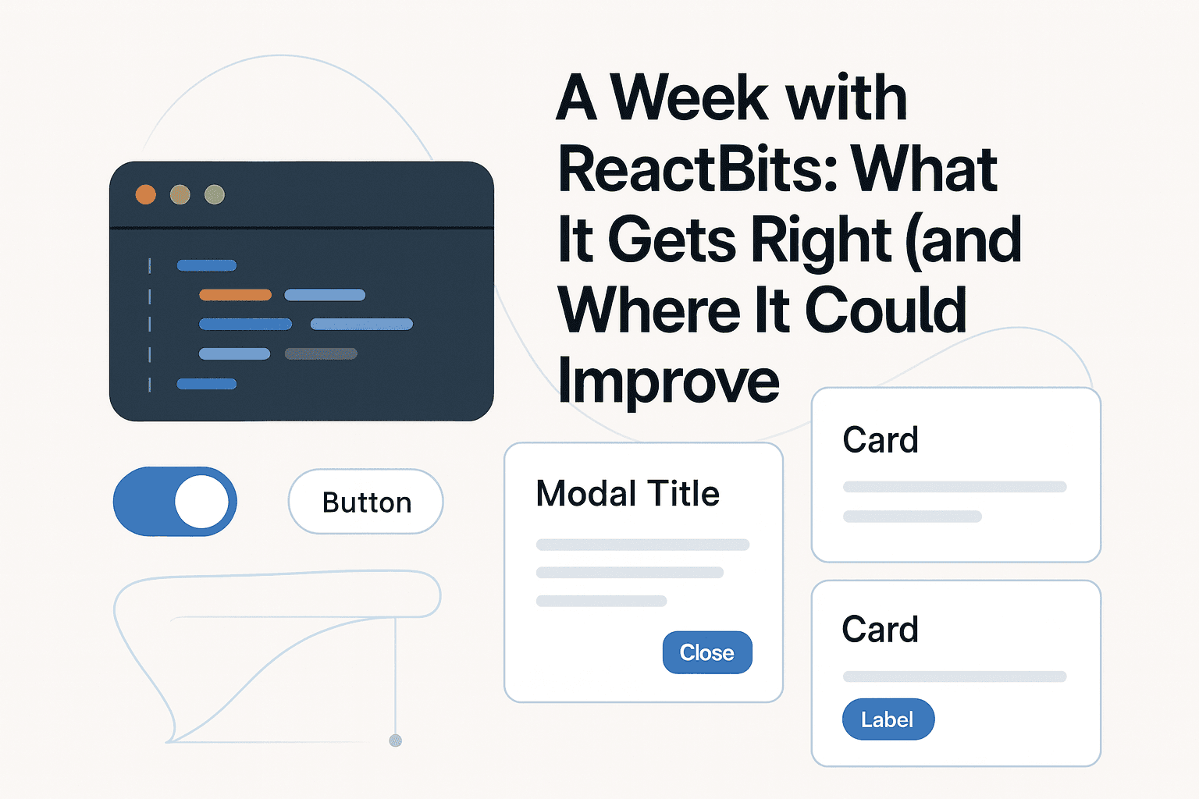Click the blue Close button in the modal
(x=707, y=652)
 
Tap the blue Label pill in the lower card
(x=888, y=719)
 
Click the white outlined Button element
(x=366, y=502)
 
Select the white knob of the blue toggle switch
(x=201, y=502)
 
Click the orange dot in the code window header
(x=146, y=194)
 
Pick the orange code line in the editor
(x=235, y=295)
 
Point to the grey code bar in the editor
(x=321, y=353)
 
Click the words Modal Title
(x=628, y=494)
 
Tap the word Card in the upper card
(x=880, y=441)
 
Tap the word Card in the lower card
(x=880, y=630)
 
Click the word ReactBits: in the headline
(x=698, y=169)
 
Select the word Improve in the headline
(x=669, y=381)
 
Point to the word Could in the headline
(x=885, y=311)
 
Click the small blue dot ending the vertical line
(x=395, y=740)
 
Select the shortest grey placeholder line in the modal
(x=601, y=601)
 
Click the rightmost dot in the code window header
(x=215, y=194)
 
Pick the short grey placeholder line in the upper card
(x=912, y=517)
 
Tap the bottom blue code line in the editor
(x=206, y=384)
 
